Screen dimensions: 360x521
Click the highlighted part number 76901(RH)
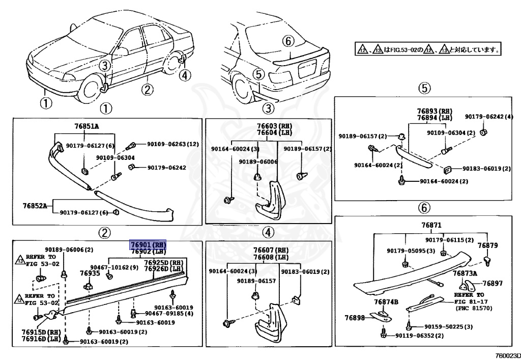coord(149,244)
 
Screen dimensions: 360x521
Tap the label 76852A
coord(35,206)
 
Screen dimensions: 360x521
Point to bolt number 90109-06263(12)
coord(173,144)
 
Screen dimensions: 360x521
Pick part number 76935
coord(90,273)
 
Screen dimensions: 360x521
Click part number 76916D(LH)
coord(40,339)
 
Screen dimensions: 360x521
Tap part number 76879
coord(487,245)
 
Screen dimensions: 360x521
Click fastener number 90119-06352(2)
coord(419,336)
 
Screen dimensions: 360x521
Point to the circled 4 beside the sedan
coord(184,75)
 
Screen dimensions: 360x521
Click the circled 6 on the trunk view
coord(287,40)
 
